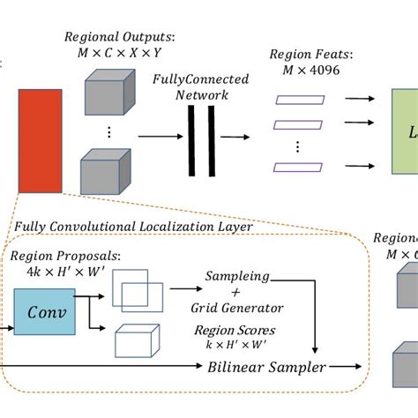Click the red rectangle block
tap(34, 140)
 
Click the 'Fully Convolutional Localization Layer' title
tap(133, 227)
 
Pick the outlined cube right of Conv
tap(138, 340)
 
